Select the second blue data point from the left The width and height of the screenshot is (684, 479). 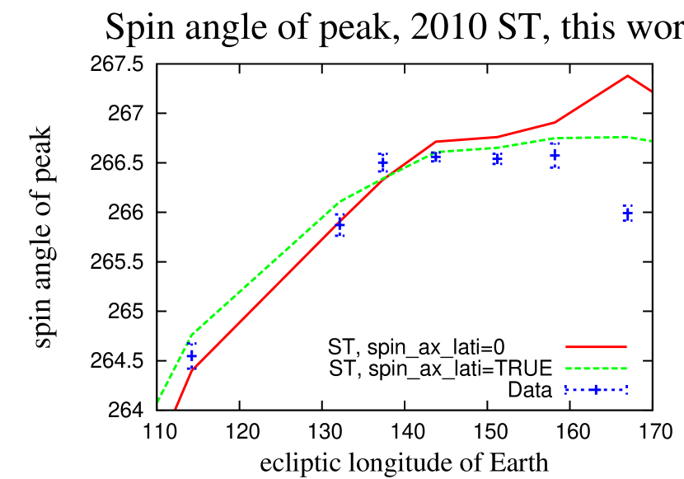pyautogui.click(x=340, y=224)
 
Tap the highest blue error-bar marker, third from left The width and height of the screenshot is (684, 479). pyautogui.click(x=382, y=162)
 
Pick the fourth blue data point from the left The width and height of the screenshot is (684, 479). pyautogui.click(x=436, y=156)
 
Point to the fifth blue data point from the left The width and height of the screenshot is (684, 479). pyautogui.click(x=497, y=158)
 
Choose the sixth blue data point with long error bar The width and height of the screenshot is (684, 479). pyautogui.click(x=555, y=154)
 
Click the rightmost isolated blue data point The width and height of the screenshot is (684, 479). pyautogui.click(x=627, y=213)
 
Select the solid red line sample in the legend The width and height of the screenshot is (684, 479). pyautogui.click(x=595, y=347)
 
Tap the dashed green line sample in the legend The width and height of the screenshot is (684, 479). pyautogui.click(x=595, y=369)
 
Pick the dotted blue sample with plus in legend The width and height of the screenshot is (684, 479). pyautogui.click(x=595, y=390)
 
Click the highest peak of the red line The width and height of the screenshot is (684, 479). pyautogui.click(x=627, y=76)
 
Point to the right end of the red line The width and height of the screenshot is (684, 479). pyautogui.click(x=651, y=91)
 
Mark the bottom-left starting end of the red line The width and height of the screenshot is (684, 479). pyautogui.click(x=176, y=407)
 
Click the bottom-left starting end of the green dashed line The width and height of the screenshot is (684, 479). pyautogui.click(x=158, y=402)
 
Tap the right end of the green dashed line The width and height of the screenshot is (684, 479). pyautogui.click(x=651, y=141)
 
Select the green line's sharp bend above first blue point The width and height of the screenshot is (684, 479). pyautogui.click(x=191, y=335)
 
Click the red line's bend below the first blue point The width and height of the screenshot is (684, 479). pyautogui.click(x=191, y=369)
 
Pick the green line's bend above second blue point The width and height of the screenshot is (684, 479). pyautogui.click(x=340, y=201)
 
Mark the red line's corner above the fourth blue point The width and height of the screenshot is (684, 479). pyautogui.click(x=436, y=142)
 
